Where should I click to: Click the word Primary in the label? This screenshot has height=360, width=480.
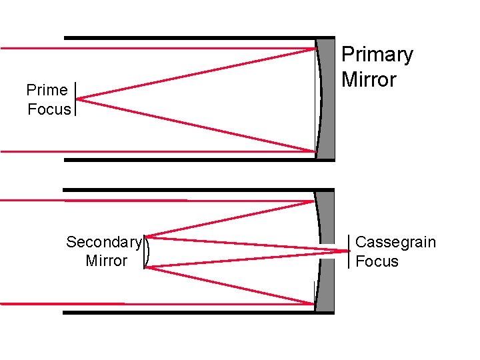tap(377, 55)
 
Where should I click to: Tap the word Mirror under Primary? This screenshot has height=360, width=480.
tap(369, 80)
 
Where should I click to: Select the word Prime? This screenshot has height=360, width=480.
tap(47, 90)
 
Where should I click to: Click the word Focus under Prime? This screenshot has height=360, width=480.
tap(49, 109)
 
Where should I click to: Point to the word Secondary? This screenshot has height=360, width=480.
tap(103, 242)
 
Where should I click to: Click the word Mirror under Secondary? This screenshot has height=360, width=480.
tap(106, 261)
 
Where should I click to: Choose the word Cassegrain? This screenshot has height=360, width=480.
tap(395, 242)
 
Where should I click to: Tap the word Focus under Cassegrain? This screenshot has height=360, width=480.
tap(377, 261)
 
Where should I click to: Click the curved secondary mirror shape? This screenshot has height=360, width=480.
tap(146, 252)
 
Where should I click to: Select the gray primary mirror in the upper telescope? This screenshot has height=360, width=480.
tap(327, 99)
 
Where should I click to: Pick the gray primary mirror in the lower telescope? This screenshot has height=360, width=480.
tap(325, 251)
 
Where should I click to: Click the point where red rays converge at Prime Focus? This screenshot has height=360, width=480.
tap(77, 99)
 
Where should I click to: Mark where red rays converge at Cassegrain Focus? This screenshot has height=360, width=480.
tap(348, 251)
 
